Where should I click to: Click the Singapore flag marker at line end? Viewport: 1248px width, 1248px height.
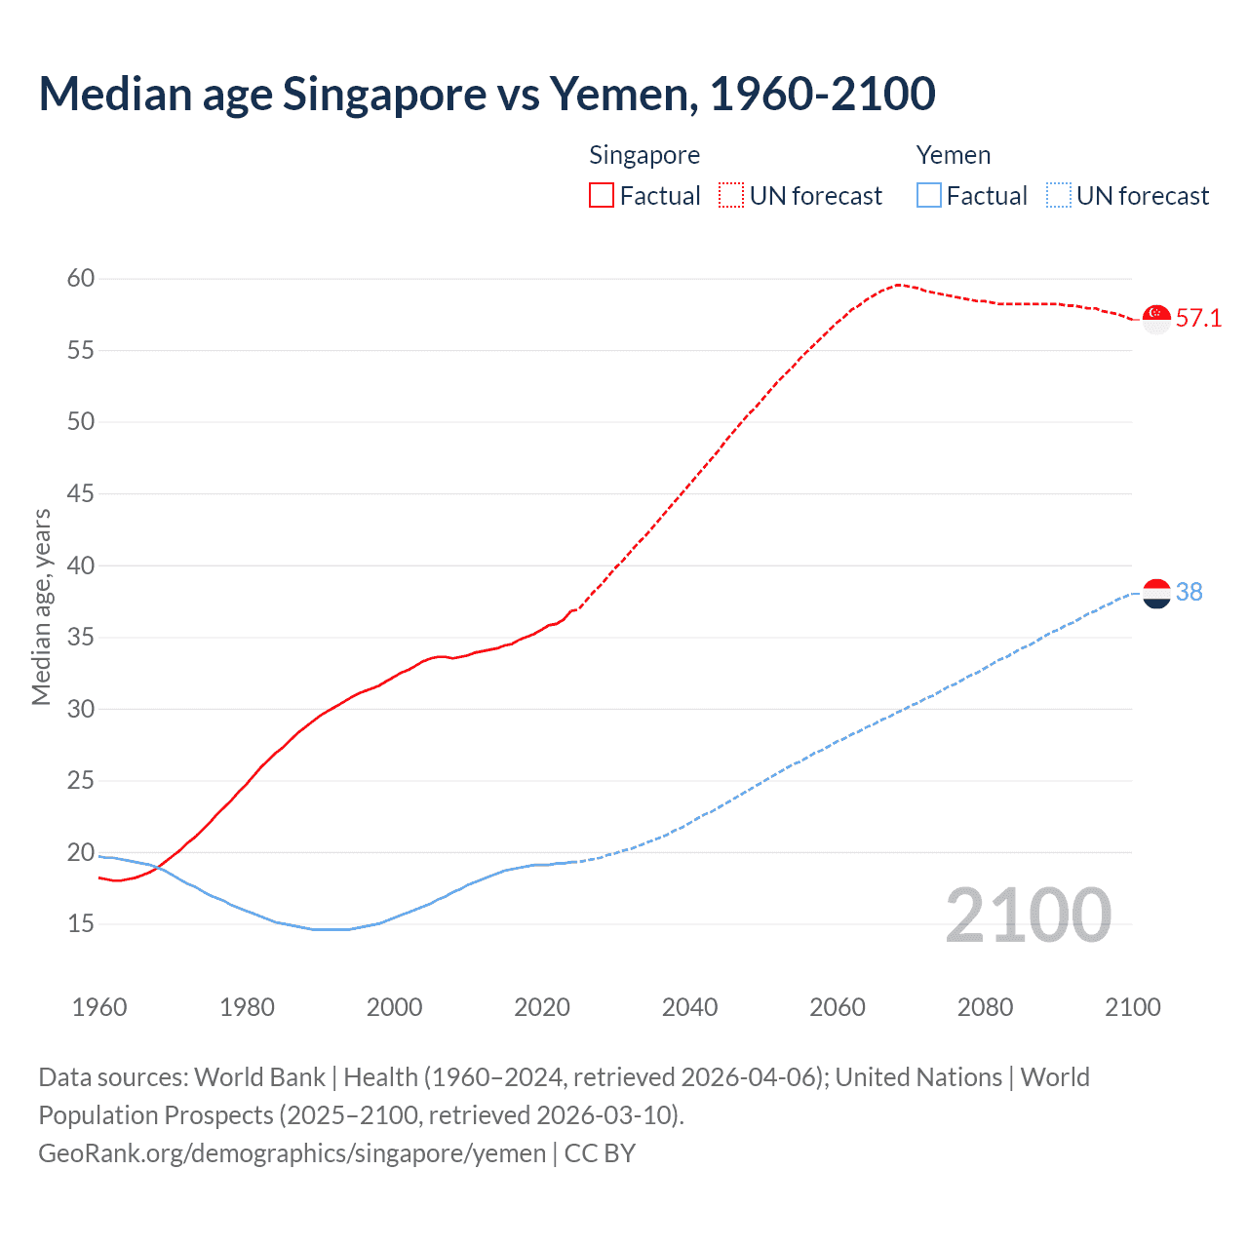[1156, 319]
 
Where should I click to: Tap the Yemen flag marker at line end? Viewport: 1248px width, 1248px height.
[1156, 593]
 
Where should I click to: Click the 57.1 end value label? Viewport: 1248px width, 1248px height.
[1198, 319]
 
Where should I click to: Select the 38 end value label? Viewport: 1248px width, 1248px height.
[1189, 593]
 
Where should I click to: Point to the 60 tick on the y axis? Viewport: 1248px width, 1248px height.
[81, 279]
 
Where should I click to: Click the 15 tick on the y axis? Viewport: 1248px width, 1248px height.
[81, 923]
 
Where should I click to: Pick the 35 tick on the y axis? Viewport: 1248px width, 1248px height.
[81, 638]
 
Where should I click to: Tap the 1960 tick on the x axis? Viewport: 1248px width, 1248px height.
[99, 1007]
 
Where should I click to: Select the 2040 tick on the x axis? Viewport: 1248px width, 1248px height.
[689, 1007]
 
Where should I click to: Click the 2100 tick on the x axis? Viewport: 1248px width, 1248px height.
[1133, 1007]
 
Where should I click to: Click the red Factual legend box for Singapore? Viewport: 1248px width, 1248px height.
[602, 196]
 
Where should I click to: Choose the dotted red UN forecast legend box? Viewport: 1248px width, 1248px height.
[731, 196]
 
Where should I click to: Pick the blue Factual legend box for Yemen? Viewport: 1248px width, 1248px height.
[929, 196]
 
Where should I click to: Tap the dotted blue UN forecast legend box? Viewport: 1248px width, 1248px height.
[1059, 196]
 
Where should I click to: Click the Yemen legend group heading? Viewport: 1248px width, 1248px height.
[954, 156]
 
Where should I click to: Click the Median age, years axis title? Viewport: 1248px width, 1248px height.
[41, 606]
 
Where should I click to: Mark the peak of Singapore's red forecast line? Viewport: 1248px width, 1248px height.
[897, 285]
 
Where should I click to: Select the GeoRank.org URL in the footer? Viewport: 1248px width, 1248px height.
[292, 1153]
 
